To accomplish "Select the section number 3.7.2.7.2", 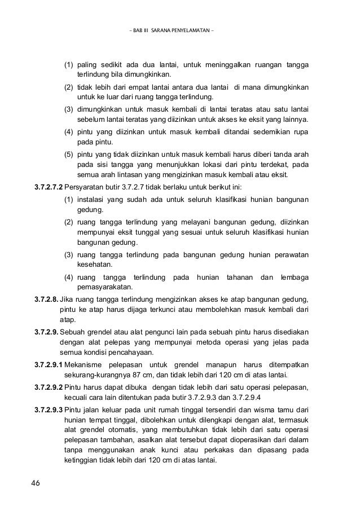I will (50, 187).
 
